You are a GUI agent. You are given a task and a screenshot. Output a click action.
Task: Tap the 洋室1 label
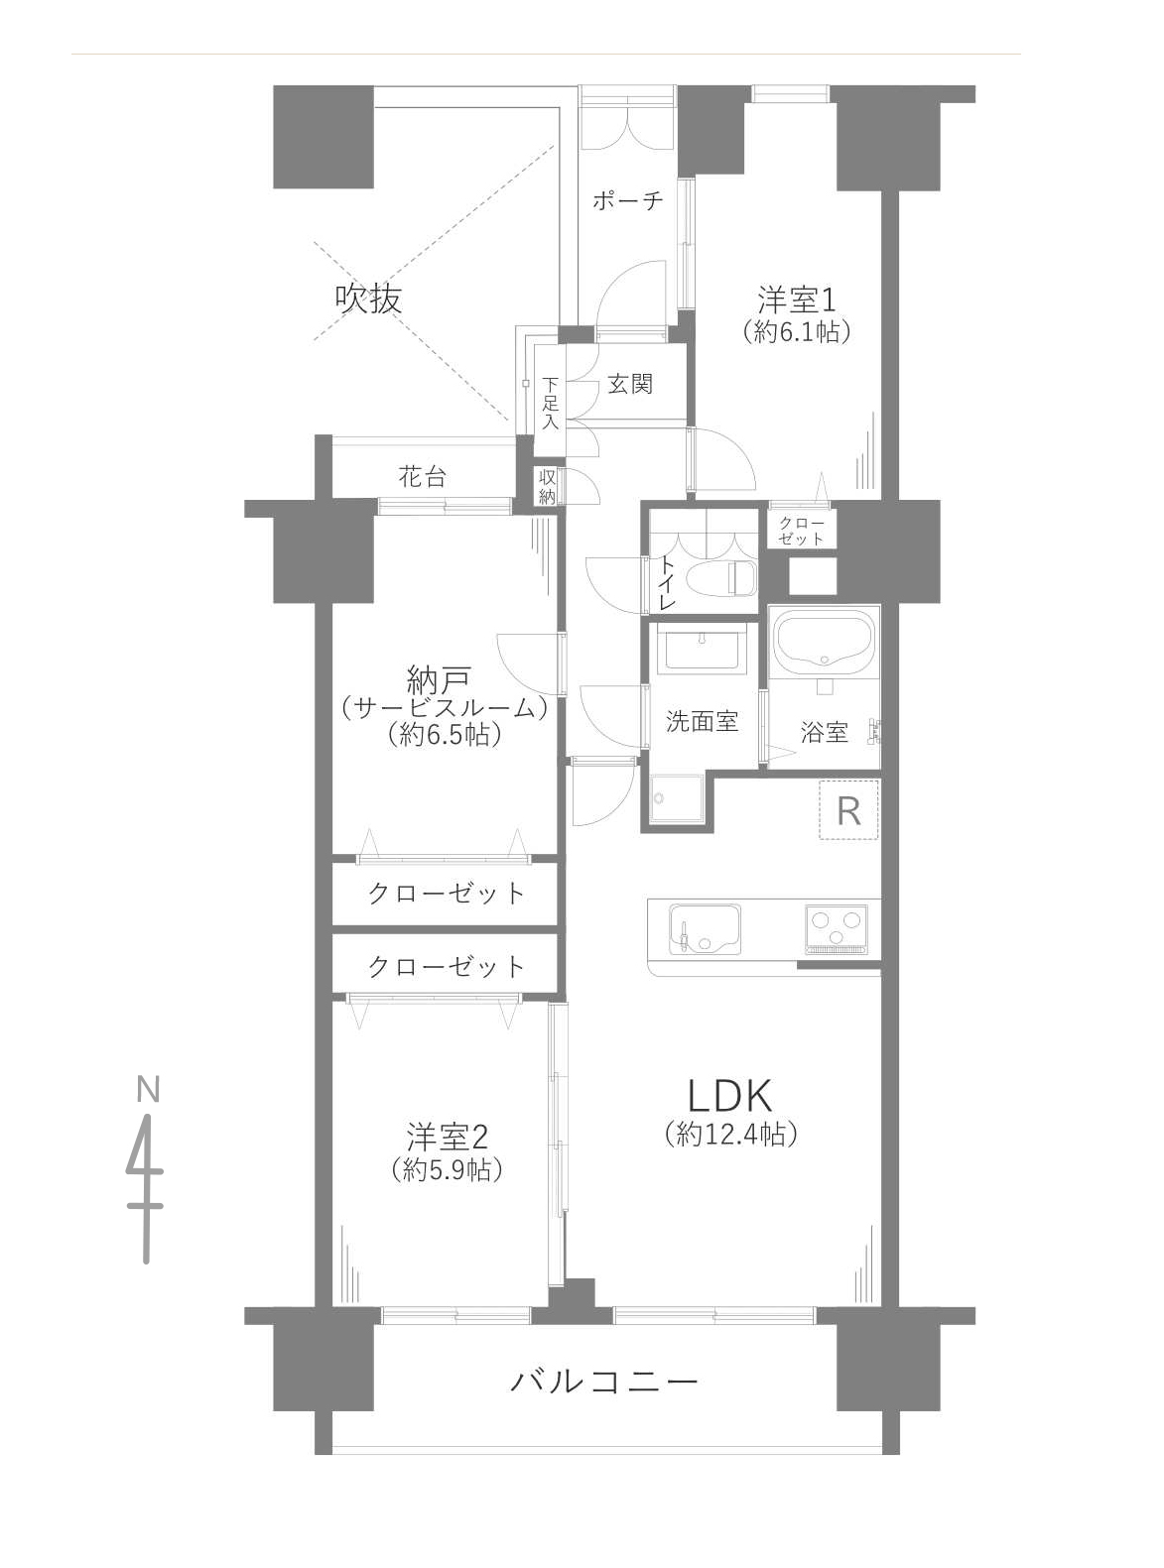pos(796,300)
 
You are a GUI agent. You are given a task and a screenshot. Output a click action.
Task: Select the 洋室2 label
pos(448,1138)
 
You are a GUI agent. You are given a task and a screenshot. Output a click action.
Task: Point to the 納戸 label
pos(439,680)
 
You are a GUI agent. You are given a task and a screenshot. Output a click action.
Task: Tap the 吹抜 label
pos(368,299)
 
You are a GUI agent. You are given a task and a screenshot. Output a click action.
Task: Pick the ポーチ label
pos(627,200)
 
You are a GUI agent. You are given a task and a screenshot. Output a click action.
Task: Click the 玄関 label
pos(630,384)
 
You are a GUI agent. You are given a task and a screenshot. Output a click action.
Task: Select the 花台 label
pos(423,477)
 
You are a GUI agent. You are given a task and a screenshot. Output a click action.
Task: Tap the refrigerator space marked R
pos(848,811)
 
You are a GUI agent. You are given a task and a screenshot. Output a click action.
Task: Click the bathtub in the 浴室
pos(825,642)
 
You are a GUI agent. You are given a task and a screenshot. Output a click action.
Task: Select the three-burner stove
pos(836,926)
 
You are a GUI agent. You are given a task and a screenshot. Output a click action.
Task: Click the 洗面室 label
pos(702,721)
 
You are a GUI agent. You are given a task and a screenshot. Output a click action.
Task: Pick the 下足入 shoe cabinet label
pos(551,403)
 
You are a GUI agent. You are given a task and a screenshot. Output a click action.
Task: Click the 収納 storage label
pos(547,486)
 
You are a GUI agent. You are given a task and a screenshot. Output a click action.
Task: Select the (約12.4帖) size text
pos(731,1134)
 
